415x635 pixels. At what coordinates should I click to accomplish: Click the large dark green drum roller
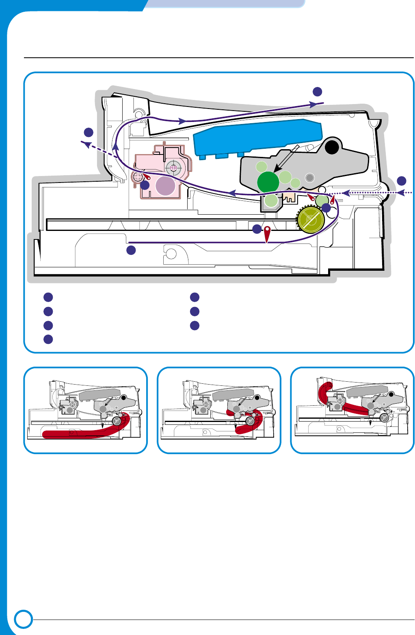coord(268,182)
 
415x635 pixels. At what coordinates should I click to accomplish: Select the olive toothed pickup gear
coord(310,220)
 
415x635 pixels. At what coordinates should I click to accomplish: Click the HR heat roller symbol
coord(173,167)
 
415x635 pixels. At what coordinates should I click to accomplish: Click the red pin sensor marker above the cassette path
coord(267,234)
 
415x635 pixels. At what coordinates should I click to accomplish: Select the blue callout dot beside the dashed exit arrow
coord(89,132)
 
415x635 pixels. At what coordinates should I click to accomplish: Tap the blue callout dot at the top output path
coord(318,91)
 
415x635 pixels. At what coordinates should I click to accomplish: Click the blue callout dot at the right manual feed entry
coord(401,181)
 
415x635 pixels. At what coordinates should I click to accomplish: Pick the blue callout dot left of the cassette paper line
coord(131,250)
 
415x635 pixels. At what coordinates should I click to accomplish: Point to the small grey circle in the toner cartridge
coord(310,177)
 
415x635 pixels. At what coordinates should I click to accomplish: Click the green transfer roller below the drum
coord(271,200)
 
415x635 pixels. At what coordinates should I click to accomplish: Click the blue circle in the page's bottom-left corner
coord(24,619)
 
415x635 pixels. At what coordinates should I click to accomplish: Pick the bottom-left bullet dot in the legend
coord(48,339)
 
